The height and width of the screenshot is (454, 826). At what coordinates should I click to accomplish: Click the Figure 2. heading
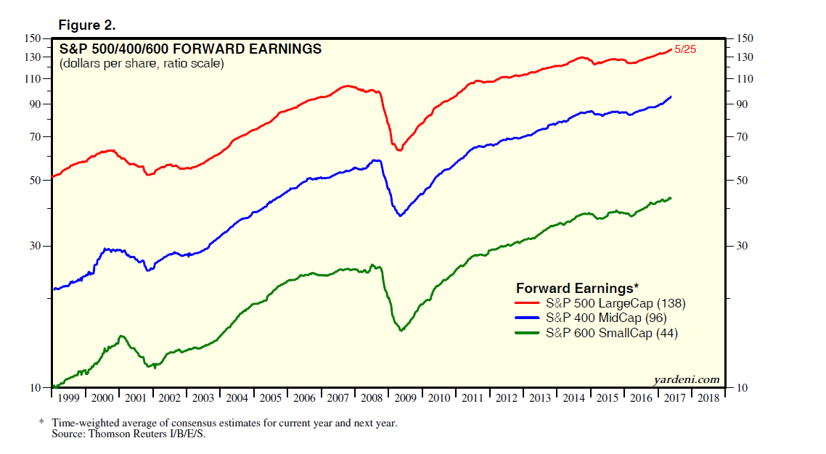click(x=86, y=25)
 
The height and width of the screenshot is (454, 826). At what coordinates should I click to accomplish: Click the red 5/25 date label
click(x=686, y=50)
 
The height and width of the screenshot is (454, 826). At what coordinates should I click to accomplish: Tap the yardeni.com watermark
click(x=687, y=379)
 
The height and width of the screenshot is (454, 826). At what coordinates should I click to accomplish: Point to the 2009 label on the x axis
click(x=405, y=398)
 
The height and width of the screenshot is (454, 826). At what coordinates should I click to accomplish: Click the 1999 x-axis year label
click(x=69, y=398)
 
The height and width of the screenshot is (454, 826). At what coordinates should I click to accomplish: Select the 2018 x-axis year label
click(x=708, y=398)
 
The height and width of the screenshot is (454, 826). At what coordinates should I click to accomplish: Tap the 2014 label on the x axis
click(x=573, y=398)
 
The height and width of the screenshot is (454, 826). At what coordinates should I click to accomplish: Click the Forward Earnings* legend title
click(x=577, y=288)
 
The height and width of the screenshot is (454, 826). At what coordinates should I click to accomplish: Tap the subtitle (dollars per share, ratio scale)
click(x=142, y=64)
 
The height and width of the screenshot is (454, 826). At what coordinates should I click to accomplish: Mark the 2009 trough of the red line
click(x=398, y=150)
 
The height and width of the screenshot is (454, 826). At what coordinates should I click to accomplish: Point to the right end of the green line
click(x=671, y=198)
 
